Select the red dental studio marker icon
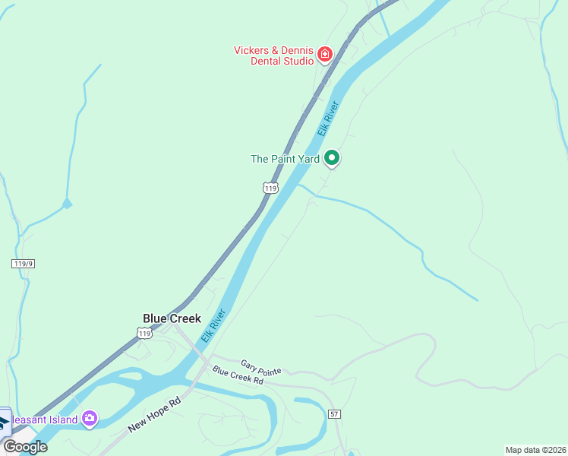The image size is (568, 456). (x=325, y=54)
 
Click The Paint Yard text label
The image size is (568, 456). (x=285, y=159)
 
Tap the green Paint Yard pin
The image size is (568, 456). (x=332, y=158)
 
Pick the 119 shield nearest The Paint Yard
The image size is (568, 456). (x=270, y=188)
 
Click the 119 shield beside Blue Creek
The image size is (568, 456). (x=144, y=333)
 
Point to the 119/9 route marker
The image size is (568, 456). (x=24, y=263)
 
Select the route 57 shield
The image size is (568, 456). (x=334, y=414)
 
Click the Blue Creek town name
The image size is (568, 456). (x=172, y=318)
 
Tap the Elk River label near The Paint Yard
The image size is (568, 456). (x=327, y=119)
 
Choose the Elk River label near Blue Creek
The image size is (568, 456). (x=213, y=325)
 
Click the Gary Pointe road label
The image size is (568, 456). (x=260, y=368)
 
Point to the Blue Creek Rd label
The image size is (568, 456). (x=237, y=375)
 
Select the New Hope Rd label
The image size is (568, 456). (x=154, y=414)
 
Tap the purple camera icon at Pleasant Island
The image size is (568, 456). (x=90, y=418)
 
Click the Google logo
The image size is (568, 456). (x=25, y=446)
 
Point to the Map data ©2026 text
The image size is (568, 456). (x=536, y=450)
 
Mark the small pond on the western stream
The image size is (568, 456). (x=67, y=203)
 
